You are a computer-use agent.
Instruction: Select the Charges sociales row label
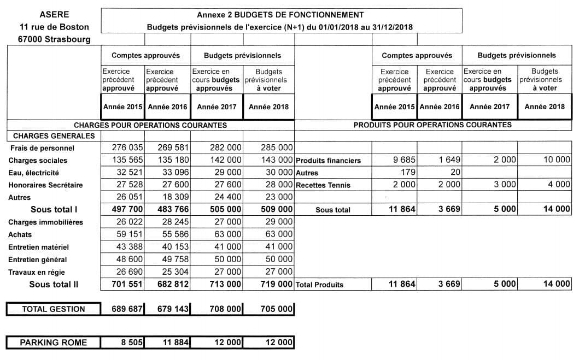tap(38, 161)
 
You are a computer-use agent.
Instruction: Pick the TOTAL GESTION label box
tap(54, 309)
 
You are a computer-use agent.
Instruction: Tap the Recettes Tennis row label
tap(323, 185)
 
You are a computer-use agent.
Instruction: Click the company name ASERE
tap(55, 15)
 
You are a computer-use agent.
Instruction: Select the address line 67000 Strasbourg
tap(55, 39)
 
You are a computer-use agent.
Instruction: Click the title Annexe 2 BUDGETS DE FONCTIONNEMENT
tap(280, 15)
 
